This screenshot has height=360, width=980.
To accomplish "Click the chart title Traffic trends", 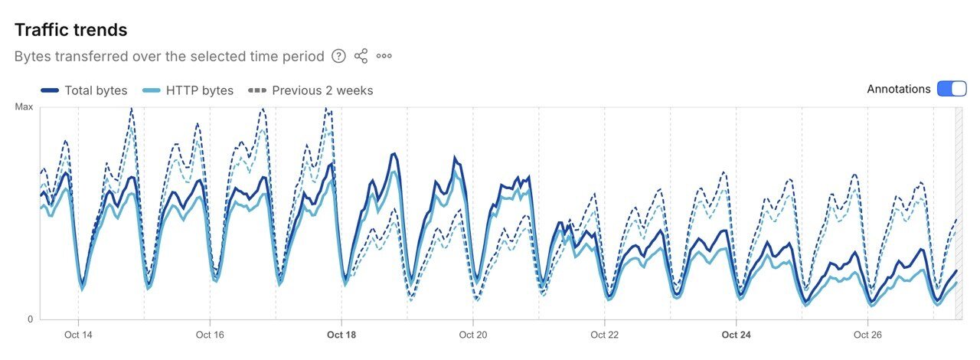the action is point(71,30).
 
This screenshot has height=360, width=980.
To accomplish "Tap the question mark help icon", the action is point(338,56).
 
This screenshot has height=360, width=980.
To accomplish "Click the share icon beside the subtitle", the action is point(361,56).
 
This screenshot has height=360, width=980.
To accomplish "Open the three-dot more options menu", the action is point(384,56).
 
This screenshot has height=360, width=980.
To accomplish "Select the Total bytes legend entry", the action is point(84,90).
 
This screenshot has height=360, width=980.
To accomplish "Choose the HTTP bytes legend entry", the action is point(188,90).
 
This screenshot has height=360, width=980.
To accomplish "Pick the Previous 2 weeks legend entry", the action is point(311,90).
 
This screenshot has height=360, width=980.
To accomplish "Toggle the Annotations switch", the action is point(952,89).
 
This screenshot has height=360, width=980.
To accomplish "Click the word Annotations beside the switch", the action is point(899,89).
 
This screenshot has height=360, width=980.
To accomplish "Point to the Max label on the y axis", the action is point(24,107).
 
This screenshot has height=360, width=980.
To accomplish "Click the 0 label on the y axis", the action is point(30,319).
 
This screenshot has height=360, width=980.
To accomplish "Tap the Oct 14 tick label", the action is point(78,335).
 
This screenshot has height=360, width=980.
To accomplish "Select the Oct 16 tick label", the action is point(210,335).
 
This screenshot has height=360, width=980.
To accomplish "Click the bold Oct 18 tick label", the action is point(341,335).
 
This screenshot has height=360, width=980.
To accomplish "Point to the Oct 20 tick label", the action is point(473,335).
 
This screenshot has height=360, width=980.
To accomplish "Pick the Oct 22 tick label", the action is point(605,335).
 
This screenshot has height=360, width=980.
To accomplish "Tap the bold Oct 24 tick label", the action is point(737,335).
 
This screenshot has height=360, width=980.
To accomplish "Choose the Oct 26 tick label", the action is point(868,335).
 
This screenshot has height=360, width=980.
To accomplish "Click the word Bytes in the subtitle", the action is point(32,57).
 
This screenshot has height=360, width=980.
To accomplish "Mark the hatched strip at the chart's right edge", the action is point(959,213).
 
